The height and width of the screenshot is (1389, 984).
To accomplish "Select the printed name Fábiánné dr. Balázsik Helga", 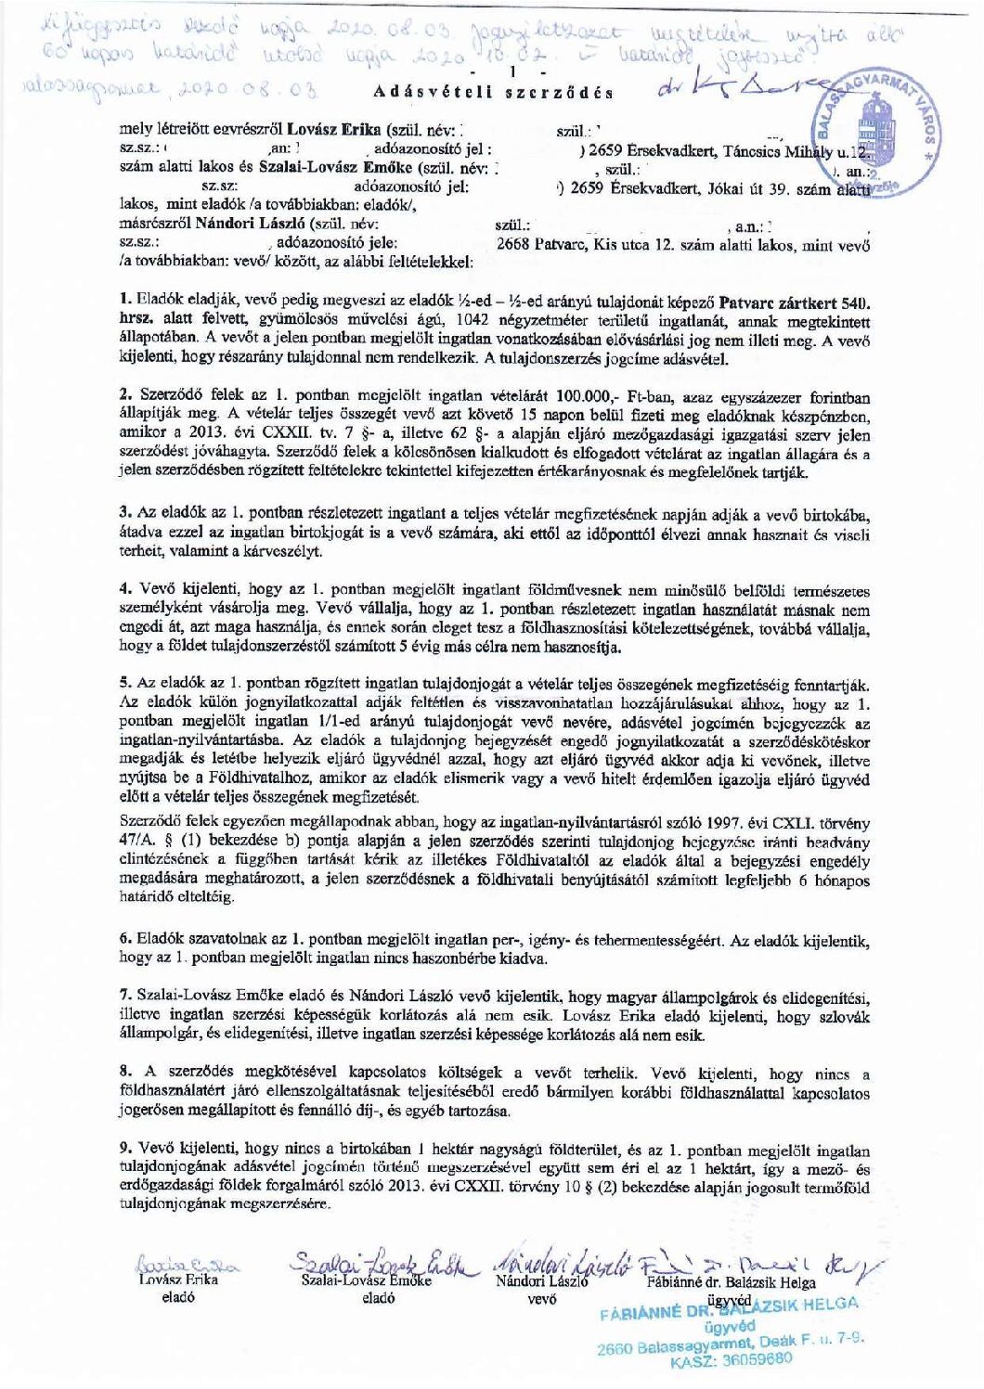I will point(731,1283).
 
